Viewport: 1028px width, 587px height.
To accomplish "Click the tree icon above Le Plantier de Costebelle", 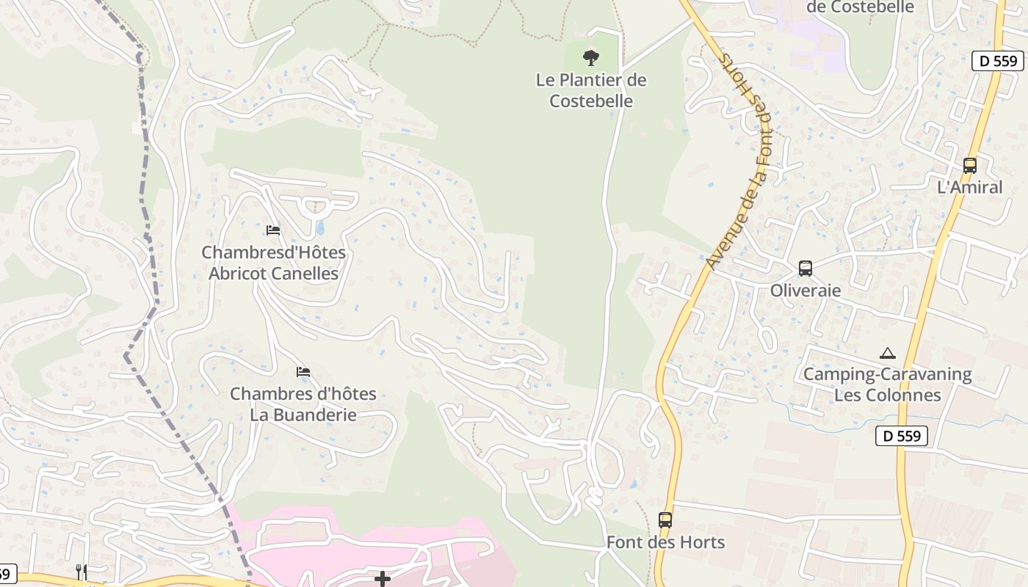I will pyautogui.click(x=590, y=57).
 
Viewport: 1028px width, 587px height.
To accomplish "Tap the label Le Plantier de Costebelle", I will pyautogui.click(x=591, y=90).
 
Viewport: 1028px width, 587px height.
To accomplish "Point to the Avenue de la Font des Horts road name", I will pyautogui.click(x=738, y=161).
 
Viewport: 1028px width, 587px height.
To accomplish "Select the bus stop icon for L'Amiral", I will pyautogui.click(x=970, y=166).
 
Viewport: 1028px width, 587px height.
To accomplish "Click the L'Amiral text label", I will pyautogui.click(x=970, y=187).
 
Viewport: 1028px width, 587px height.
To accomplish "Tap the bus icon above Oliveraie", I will pyautogui.click(x=806, y=269).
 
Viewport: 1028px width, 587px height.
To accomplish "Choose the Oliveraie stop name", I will pyautogui.click(x=806, y=291).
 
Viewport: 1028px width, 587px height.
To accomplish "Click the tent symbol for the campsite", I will pyautogui.click(x=888, y=353).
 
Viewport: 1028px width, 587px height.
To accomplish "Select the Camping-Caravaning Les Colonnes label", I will pyautogui.click(x=887, y=384).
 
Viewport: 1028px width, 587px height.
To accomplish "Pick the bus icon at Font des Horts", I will pyautogui.click(x=665, y=520).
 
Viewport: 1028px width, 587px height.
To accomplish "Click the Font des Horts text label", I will pyautogui.click(x=665, y=542).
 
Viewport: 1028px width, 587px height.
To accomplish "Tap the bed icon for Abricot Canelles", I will pyautogui.click(x=273, y=230).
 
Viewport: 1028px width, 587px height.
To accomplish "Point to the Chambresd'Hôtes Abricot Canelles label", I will pyautogui.click(x=273, y=263).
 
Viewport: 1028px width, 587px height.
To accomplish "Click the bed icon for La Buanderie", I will pyautogui.click(x=303, y=372).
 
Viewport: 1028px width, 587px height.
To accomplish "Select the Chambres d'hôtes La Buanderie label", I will pyautogui.click(x=303, y=404).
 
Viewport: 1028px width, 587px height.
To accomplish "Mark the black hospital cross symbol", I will pyautogui.click(x=382, y=580).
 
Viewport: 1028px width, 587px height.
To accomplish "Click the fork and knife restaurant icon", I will pyautogui.click(x=82, y=572).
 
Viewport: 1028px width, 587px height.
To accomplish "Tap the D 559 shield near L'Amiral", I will pyautogui.click(x=998, y=61).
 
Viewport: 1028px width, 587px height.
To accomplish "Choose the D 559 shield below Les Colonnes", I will pyautogui.click(x=902, y=436).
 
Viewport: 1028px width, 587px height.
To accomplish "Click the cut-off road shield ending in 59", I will pyautogui.click(x=7, y=572).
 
